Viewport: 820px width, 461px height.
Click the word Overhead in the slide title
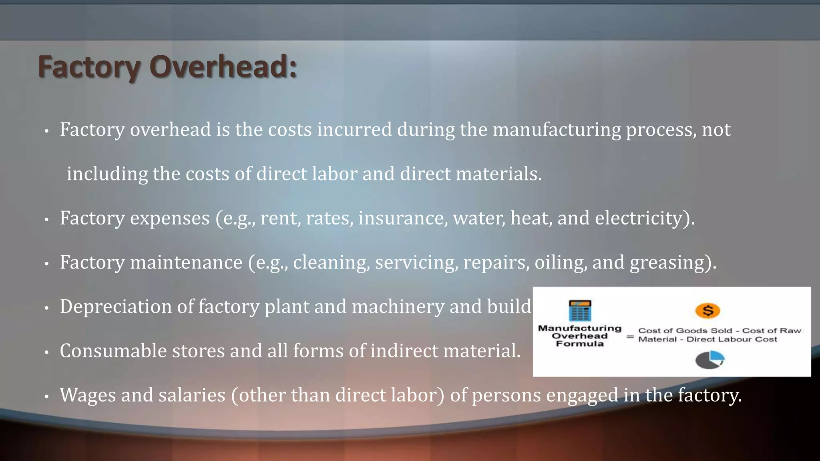[x=223, y=67]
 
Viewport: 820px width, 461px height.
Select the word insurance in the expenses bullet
[x=403, y=218]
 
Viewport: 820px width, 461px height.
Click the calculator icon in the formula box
[x=580, y=311]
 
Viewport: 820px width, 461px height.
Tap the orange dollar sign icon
[x=708, y=311]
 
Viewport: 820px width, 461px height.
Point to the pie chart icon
[x=709, y=360]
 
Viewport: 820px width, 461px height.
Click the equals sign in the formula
[x=630, y=337]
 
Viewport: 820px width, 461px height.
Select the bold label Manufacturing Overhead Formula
[x=579, y=336]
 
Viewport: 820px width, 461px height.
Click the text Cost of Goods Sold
[x=685, y=331]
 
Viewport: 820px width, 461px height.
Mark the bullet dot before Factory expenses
[x=46, y=219]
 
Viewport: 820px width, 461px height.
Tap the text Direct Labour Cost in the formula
[x=732, y=339]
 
